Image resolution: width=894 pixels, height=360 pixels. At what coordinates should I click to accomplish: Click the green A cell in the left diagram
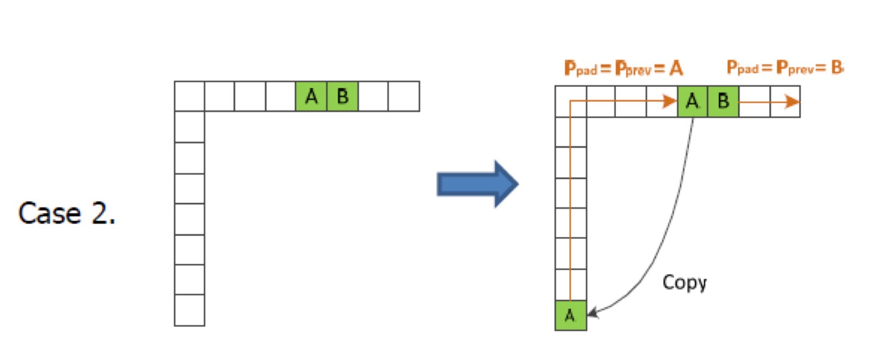[312, 97]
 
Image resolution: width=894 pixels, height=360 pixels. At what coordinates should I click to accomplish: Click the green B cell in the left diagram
[342, 97]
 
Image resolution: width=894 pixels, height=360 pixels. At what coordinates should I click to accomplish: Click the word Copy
[684, 283]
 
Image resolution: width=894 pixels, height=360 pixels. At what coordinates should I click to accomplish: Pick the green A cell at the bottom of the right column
[570, 315]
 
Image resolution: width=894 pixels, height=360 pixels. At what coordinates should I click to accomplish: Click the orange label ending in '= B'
[785, 68]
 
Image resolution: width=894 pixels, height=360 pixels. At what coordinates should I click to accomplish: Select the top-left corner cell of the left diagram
[189, 97]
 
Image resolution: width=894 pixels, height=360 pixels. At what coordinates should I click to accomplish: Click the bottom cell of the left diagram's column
[189, 310]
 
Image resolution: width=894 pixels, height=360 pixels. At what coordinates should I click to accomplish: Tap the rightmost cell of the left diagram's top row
[404, 97]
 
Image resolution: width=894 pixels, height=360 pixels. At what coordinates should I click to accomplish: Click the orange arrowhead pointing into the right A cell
[670, 102]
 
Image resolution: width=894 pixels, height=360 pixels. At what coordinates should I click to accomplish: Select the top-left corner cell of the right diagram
[570, 102]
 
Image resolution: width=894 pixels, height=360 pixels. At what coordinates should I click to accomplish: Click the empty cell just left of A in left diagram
[281, 97]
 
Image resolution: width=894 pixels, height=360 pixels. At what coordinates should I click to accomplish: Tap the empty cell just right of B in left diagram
[373, 97]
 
